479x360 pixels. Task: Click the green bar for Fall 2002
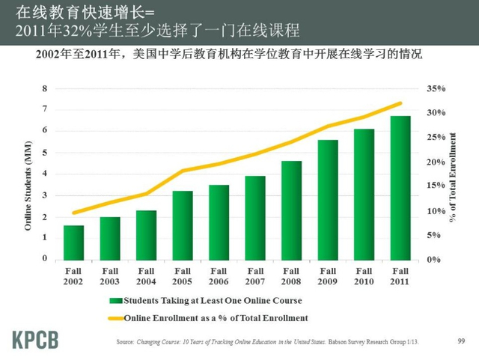(73, 242)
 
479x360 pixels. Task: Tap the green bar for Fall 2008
(291, 210)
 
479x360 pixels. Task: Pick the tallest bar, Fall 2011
(400, 187)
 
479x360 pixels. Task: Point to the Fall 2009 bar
(328, 199)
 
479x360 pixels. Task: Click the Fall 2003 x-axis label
(110, 275)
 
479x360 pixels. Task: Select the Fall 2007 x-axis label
(255, 275)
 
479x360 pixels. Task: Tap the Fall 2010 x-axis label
(364, 275)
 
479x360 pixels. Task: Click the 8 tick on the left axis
(44, 88)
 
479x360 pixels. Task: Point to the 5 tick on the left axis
(44, 153)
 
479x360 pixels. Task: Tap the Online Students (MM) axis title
(28, 174)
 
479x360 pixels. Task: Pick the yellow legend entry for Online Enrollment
(213, 317)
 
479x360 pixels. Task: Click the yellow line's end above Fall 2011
(400, 103)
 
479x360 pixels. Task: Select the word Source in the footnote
(126, 342)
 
